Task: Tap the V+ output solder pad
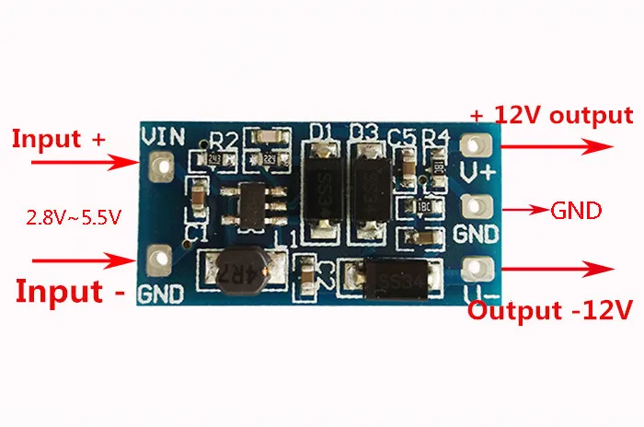pos(474,145)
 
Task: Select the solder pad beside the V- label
pos(474,268)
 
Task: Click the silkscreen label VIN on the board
pos(163,136)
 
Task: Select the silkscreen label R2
pos(224,140)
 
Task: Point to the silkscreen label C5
pos(401,137)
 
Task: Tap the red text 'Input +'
pos(58,139)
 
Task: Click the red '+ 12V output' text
pos(551,116)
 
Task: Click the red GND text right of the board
pos(575,211)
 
